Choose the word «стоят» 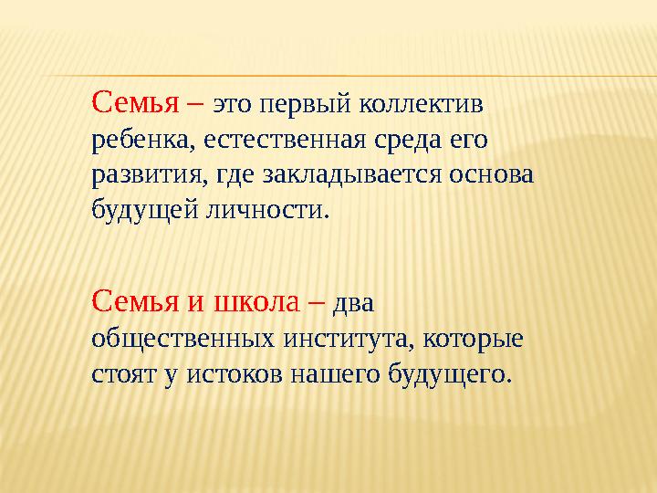pyautogui.click(x=120, y=373)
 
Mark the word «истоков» pyautogui.click(x=227, y=373)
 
